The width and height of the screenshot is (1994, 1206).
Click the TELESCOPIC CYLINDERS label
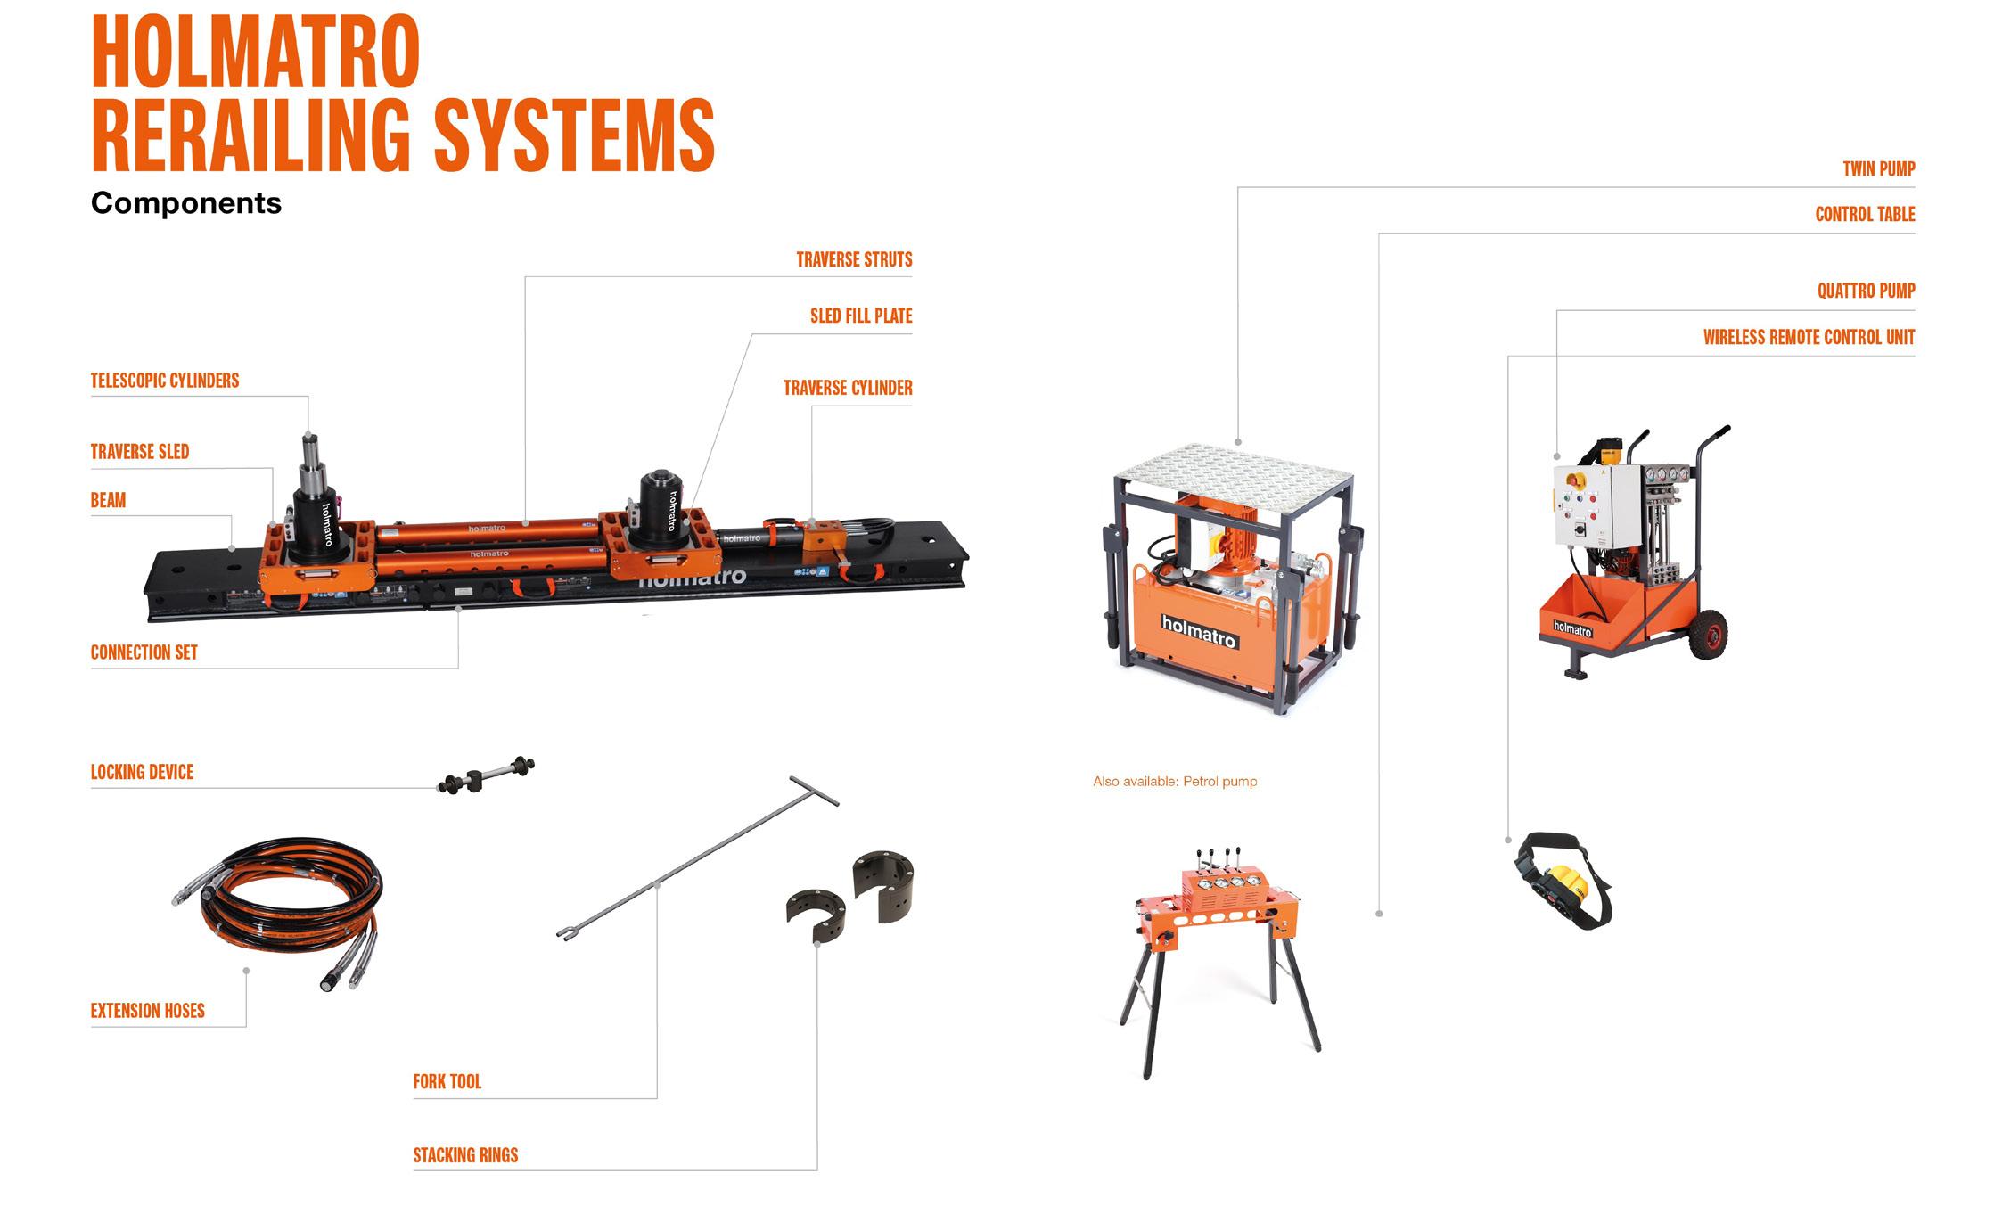click(165, 381)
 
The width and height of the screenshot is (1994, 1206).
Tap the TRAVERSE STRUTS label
click(854, 259)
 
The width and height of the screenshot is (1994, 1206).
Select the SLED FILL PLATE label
click(861, 316)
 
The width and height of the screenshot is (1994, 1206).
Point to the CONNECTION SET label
click(144, 652)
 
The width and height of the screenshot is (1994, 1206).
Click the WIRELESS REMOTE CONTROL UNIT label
click(1809, 337)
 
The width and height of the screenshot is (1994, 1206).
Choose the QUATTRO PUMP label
click(1866, 291)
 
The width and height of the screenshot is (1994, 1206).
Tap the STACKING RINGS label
click(465, 1155)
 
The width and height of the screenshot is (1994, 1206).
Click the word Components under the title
click(186, 203)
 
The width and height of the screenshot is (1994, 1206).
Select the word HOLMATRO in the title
click(256, 52)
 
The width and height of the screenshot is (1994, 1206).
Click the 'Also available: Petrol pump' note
click(1175, 782)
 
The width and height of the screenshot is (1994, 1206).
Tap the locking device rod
click(487, 775)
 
